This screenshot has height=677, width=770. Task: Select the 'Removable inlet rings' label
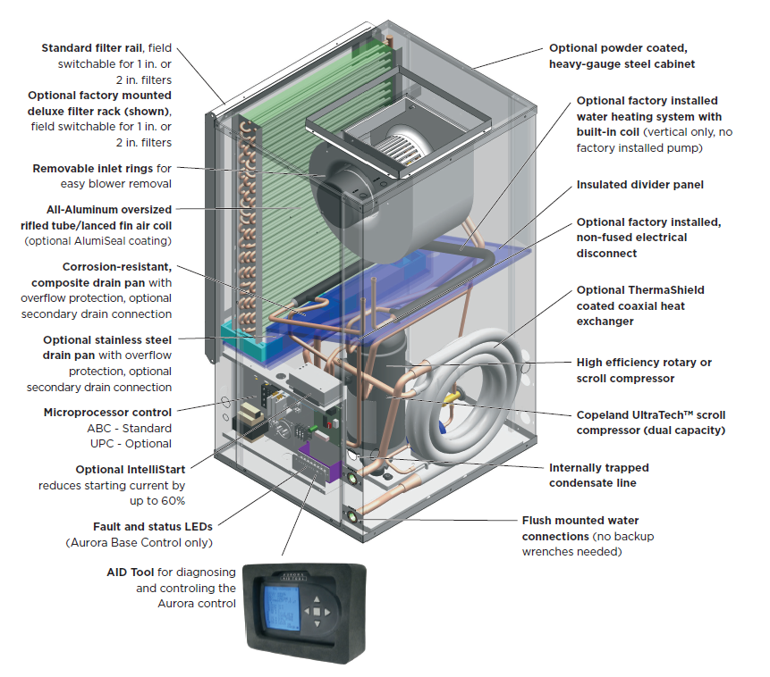tap(92, 168)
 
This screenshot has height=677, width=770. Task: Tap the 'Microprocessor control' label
tap(107, 413)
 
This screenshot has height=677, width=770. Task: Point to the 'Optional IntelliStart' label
tap(124, 469)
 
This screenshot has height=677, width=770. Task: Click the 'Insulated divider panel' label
tap(639, 185)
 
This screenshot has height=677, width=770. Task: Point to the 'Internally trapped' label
tap(598, 468)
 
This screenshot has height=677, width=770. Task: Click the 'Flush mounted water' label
tap(580, 520)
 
